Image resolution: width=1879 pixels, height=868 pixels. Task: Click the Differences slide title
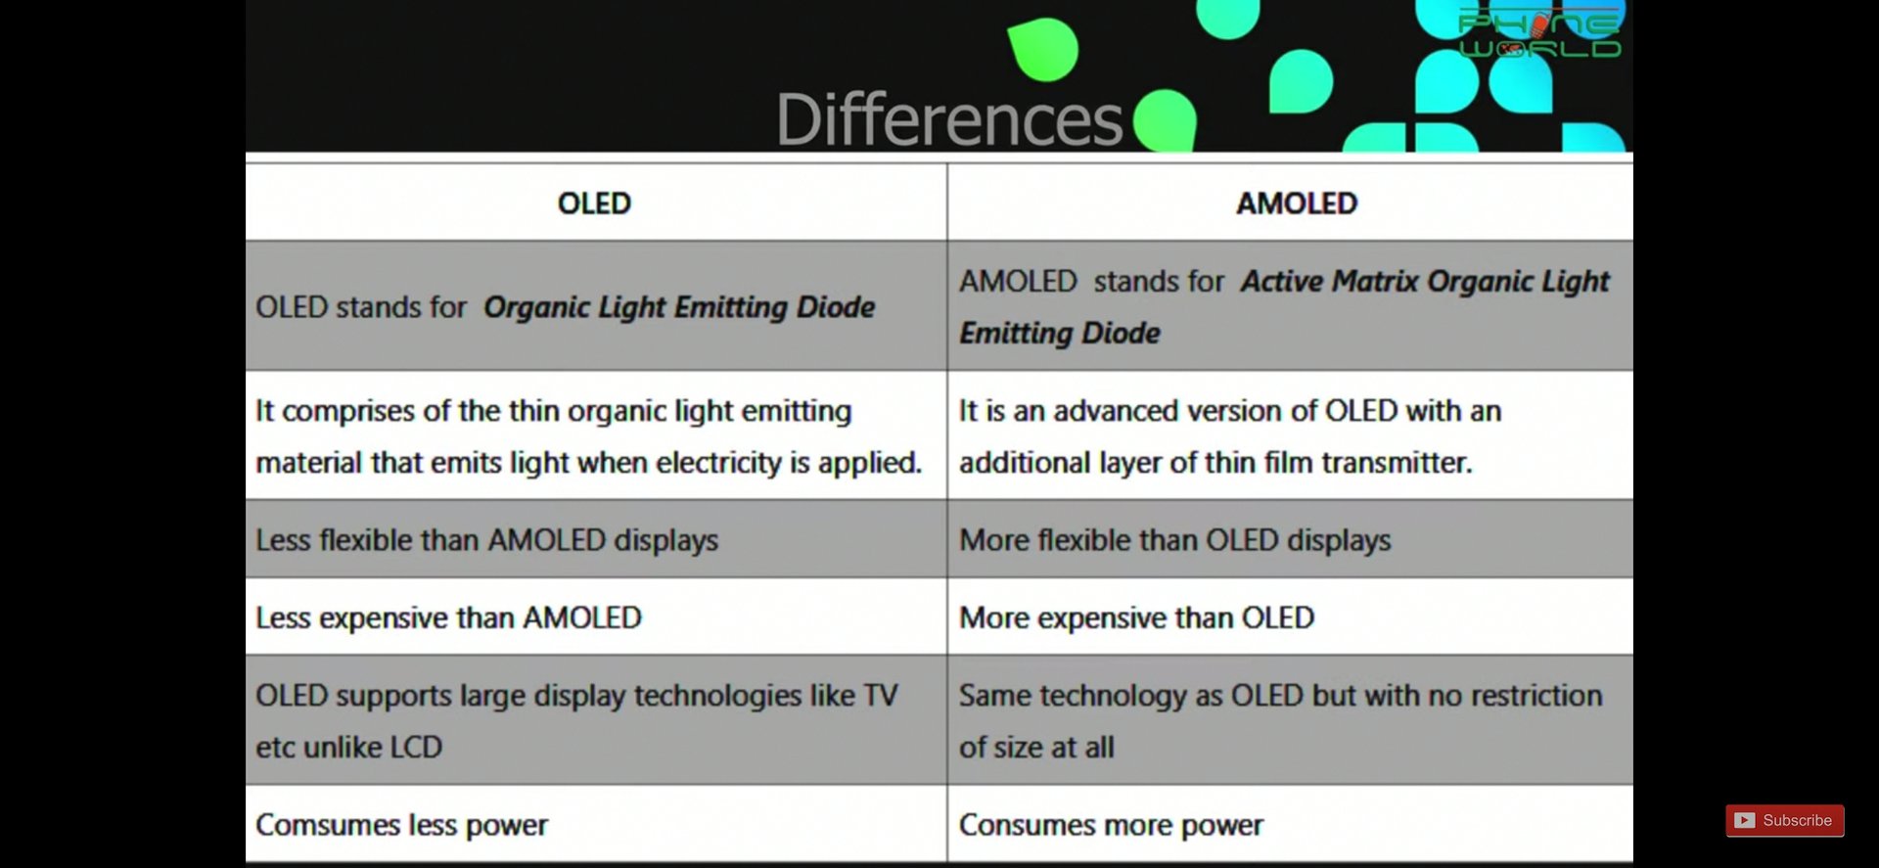tap(948, 119)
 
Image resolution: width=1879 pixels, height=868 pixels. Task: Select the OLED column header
tap(594, 204)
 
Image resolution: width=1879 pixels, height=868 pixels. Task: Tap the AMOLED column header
tap(1297, 204)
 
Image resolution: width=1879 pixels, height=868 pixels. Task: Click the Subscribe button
tap(1784, 820)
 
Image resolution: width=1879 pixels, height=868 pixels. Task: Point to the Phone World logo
tap(1539, 34)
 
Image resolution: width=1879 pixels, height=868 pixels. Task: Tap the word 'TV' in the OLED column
tap(880, 696)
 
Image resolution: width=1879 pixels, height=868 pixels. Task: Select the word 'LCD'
tap(416, 748)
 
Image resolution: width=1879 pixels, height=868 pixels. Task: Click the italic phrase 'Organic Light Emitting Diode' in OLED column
tap(679, 307)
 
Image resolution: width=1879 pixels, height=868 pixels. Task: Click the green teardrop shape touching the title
tap(1165, 120)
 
